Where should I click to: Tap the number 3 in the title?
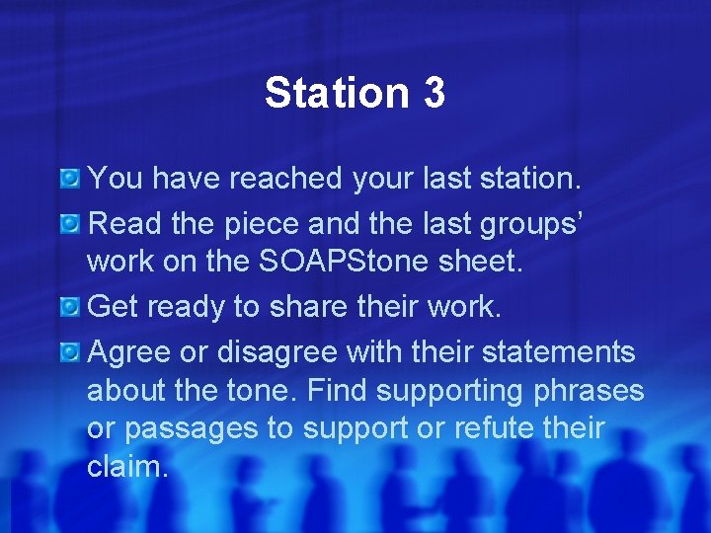pos(434,94)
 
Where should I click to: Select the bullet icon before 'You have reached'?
pos(70,179)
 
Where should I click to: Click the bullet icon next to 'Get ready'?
pos(70,307)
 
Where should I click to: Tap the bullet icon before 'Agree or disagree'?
pos(70,350)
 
